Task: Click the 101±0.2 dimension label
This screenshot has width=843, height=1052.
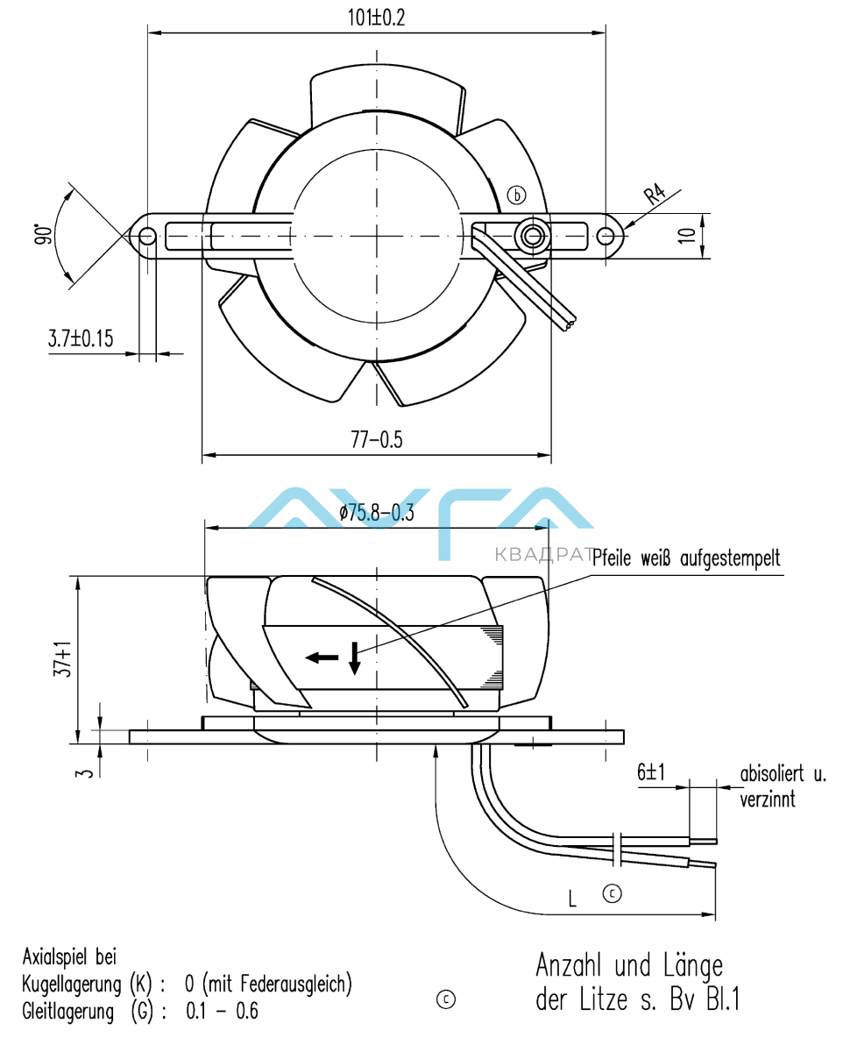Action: (375, 18)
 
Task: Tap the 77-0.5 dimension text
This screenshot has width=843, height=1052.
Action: (376, 441)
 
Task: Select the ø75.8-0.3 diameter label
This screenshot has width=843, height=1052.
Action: (377, 514)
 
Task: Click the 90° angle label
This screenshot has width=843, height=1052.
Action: (42, 234)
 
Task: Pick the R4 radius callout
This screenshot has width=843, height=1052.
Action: (654, 195)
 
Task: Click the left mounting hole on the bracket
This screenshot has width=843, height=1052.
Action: (147, 236)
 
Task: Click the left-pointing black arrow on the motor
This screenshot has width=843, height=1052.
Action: (321, 657)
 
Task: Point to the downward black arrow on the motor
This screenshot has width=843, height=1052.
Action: (354, 658)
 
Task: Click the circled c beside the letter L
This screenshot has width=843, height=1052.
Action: (612, 893)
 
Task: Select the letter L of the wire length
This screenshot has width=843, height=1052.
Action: (571, 899)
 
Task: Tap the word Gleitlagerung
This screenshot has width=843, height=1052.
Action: (68, 1011)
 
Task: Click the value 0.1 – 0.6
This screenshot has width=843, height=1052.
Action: (223, 1011)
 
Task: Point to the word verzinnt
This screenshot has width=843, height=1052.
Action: (769, 800)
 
